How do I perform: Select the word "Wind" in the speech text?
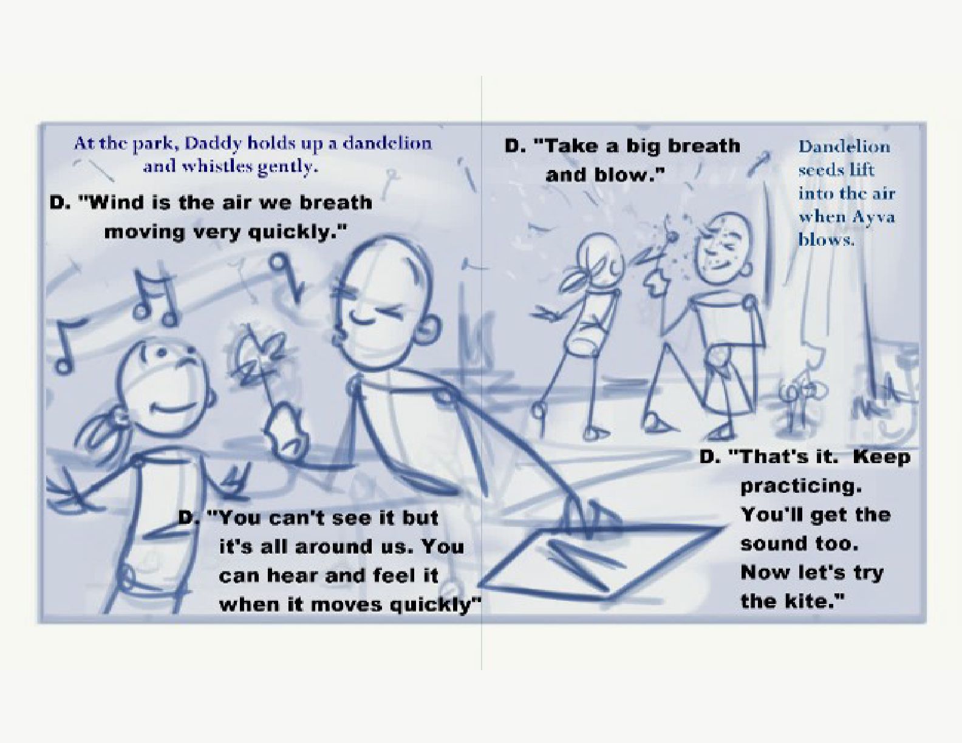pyautogui.click(x=108, y=203)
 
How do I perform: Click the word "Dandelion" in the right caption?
pyautogui.click(x=844, y=147)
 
